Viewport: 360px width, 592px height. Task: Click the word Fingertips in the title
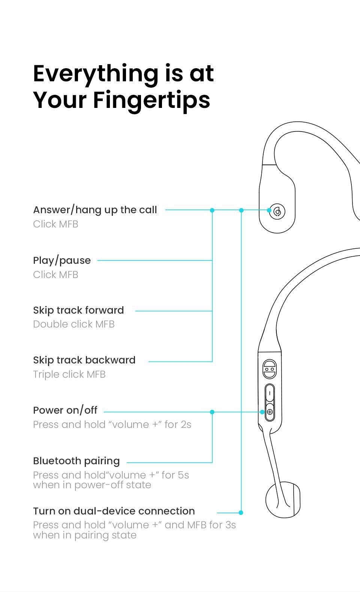pos(151,100)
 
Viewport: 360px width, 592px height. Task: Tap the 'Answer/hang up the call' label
pos(95,210)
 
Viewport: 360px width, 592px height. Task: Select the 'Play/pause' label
pos(62,260)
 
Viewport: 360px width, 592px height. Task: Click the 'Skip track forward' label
pos(78,310)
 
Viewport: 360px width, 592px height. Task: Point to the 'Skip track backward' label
pos(84,360)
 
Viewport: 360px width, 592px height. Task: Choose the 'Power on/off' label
pos(65,410)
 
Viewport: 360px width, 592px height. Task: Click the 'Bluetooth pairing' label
pos(76,461)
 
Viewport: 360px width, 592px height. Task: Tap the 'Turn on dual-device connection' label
pos(114,511)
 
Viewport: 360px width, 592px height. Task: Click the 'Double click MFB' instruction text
pos(74,324)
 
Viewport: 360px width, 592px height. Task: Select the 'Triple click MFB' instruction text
pos(69,374)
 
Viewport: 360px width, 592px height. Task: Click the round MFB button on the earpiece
pos(277,211)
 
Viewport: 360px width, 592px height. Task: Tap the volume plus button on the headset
pos(270,412)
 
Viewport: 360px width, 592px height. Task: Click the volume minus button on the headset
pos(270,393)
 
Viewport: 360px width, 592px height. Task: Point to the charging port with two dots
pos(269,369)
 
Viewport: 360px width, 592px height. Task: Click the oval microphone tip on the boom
pos(283,500)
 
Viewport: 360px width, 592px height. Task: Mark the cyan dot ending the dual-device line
pos(241,512)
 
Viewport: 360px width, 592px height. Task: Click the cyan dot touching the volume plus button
pos(262,412)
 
